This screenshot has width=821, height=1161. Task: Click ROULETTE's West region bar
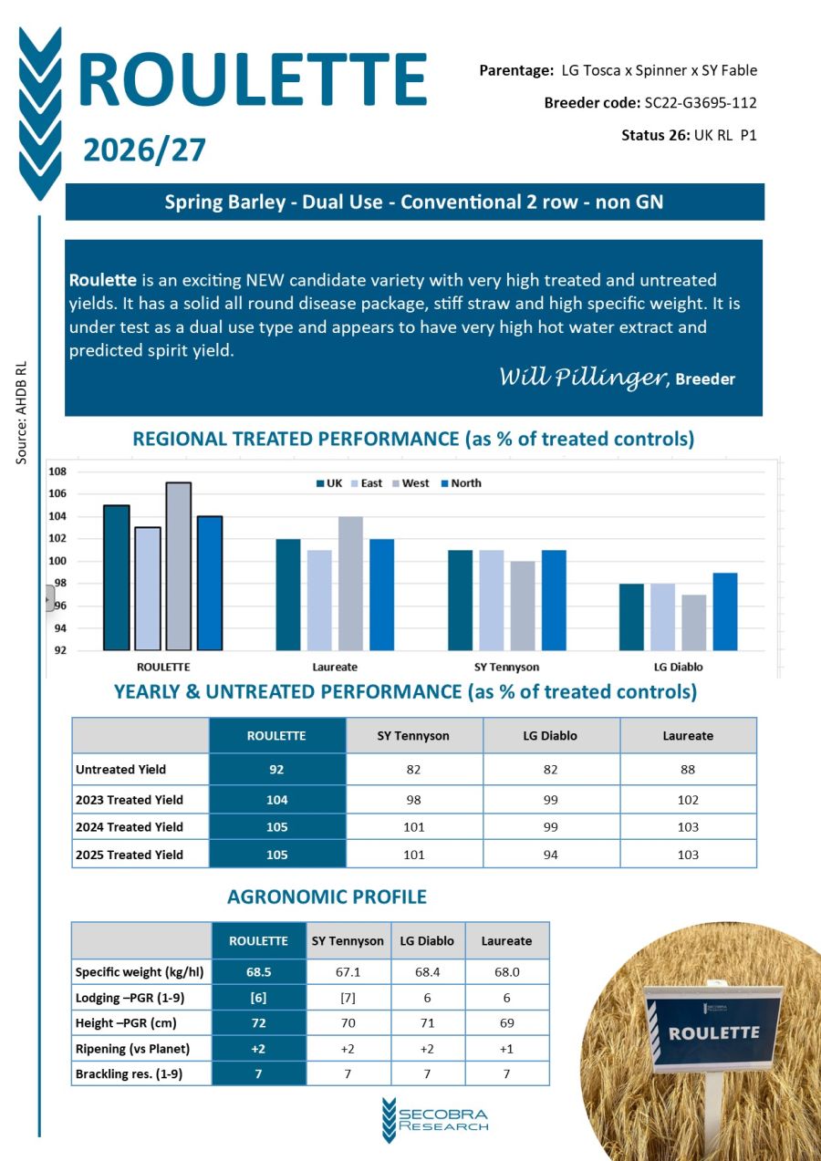[x=178, y=566]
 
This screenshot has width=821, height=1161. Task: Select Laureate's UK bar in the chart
[x=288, y=595]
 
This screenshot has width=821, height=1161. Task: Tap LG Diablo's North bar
[x=724, y=611]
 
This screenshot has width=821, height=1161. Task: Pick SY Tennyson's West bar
[x=522, y=606]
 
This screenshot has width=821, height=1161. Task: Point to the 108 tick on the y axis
[x=58, y=472]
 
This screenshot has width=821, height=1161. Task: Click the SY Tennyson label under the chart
[x=506, y=667]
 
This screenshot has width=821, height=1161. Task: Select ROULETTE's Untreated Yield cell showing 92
[x=276, y=769]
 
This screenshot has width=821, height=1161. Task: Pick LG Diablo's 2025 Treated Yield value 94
[x=551, y=855]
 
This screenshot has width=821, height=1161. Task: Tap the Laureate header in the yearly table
[x=688, y=735]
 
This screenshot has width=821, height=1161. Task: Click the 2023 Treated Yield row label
[x=129, y=800]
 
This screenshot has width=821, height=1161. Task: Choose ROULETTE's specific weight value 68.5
[x=258, y=972]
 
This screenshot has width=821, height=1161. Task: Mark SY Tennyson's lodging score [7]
[x=348, y=998]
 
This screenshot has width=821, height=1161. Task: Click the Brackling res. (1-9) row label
[x=129, y=1073]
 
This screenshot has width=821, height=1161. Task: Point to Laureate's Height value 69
[x=506, y=1023]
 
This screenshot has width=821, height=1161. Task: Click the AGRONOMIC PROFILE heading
[x=327, y=897]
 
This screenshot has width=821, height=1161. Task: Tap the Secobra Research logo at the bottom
[x=435, y=1119]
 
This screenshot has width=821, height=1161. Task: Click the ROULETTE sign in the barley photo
[x=713, y=1032]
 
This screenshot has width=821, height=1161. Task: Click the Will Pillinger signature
[x=581, y=378]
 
